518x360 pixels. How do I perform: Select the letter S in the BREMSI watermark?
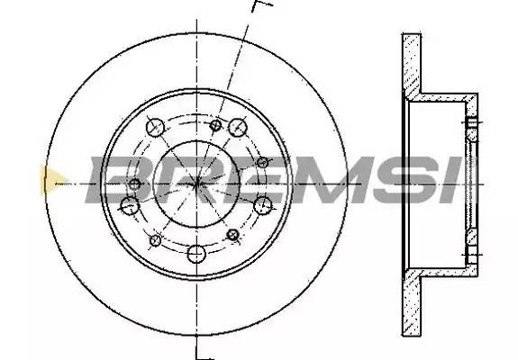[406, 180]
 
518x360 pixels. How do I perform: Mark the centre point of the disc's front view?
[197, 184]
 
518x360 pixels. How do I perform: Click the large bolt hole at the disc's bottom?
[196, 254]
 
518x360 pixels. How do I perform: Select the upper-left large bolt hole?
[155, 127]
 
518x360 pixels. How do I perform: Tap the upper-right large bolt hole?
[238, 127]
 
